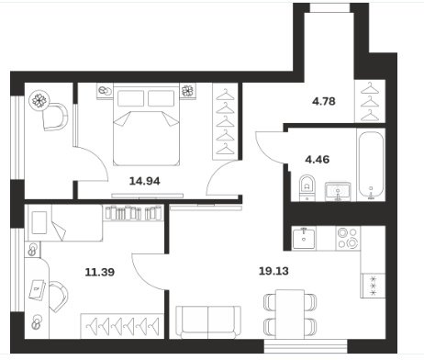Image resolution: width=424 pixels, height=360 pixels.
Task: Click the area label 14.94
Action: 145,181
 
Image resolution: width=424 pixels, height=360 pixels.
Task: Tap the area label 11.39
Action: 100,272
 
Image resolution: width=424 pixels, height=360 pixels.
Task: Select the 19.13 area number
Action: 273,271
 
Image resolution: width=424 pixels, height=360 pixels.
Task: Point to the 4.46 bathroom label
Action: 318,159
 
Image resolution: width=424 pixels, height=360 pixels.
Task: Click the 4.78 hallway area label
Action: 324,101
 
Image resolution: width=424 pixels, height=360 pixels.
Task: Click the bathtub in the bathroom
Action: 371,164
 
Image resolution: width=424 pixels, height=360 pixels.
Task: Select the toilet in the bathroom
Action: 307,187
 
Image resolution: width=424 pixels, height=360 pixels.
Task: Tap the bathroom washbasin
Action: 338,191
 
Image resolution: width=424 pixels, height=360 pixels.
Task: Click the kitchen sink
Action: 304,238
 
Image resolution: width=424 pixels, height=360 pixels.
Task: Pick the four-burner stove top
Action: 348,238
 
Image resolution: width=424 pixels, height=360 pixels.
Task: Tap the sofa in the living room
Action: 208,322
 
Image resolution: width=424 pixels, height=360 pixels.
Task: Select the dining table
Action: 290,314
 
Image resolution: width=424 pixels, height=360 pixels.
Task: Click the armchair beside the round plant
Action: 55,117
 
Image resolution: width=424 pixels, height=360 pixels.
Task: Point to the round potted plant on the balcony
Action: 39,100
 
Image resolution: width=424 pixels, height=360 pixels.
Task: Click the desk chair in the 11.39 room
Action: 58,297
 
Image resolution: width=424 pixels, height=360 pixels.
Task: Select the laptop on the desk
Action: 38,289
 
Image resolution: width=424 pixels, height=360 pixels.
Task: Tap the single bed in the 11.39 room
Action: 65,222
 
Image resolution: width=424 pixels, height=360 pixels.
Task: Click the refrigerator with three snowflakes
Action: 373,286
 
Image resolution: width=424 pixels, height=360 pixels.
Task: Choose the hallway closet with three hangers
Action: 370,101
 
